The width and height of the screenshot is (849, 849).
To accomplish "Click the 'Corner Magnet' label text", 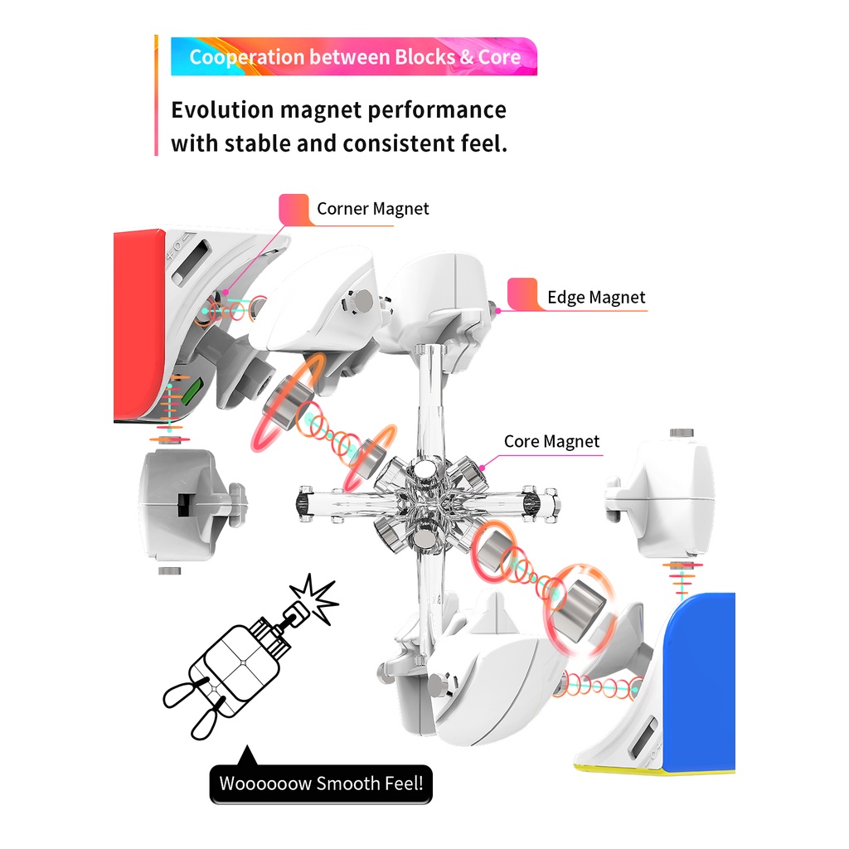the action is coord(372,208).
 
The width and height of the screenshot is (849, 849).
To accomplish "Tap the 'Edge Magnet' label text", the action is coord(596,298).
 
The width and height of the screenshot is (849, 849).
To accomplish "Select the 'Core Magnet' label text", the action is coord(551,441).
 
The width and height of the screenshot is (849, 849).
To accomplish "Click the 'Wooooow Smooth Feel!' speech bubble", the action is coord(321,783).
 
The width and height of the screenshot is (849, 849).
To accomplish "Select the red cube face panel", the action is coord(138,325).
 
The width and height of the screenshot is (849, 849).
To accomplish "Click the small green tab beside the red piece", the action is coord(192,392).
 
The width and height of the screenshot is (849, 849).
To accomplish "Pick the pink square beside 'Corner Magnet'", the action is coord(294,208).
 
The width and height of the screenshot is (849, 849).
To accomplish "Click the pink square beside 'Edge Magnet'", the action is coord(522,294).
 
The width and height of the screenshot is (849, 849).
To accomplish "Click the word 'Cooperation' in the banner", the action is coord(247,57).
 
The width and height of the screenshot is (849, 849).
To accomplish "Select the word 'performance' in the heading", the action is coord(437,111).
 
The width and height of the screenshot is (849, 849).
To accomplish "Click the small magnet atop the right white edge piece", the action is coord(682,433).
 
